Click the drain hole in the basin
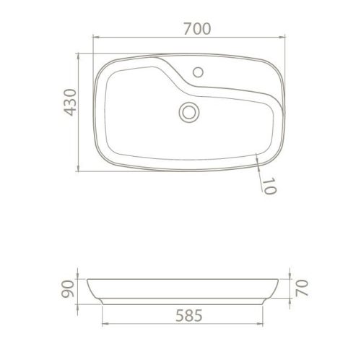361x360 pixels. [189, 111]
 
